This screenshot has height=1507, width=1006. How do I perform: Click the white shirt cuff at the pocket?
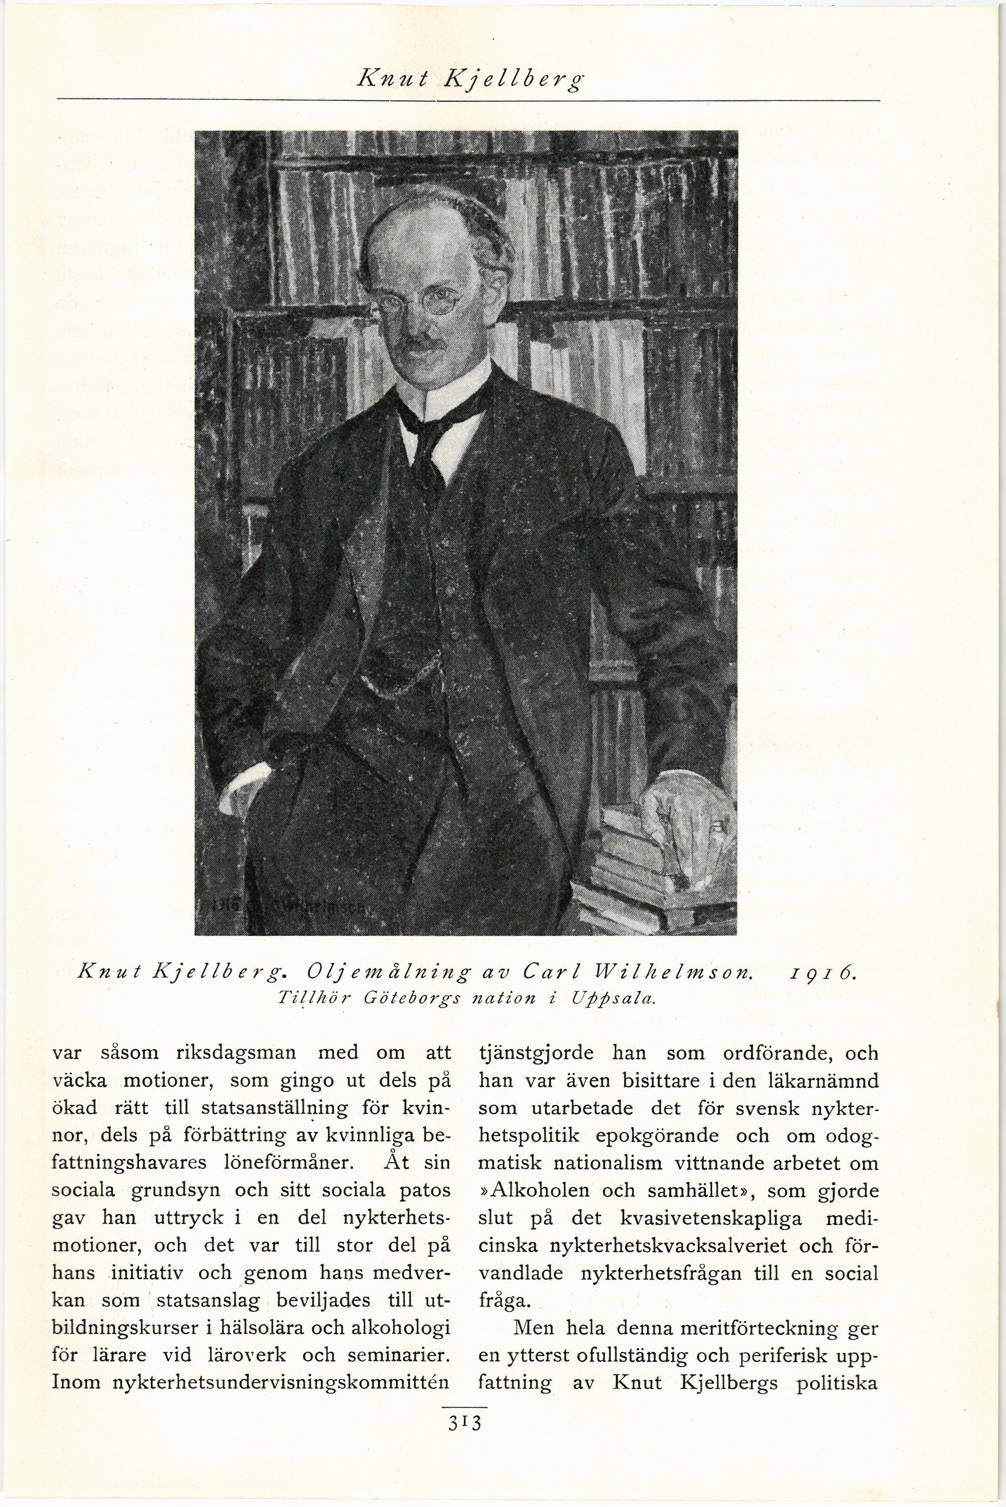247,781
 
